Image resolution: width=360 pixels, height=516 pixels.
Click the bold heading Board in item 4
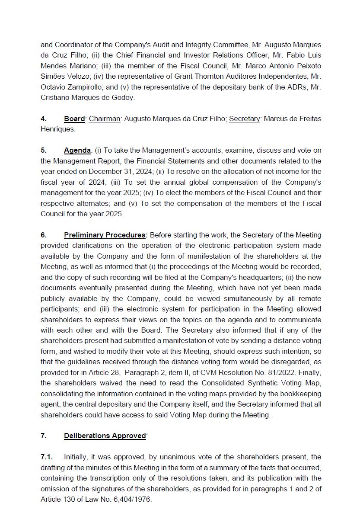click(74, 119)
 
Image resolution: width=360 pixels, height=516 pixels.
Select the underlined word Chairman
click(105, 119)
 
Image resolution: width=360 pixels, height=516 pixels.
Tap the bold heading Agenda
click(77, 151)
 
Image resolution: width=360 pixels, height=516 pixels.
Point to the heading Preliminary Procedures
click(105, 235)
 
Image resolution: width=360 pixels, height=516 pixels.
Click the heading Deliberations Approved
click(105, 436)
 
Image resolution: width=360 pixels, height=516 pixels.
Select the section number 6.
click(44, 235)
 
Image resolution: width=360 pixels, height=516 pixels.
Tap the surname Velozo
click(78, 77)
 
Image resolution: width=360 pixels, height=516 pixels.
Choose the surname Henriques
click(57, 129)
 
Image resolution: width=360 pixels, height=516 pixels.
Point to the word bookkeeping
click(299, 394)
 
